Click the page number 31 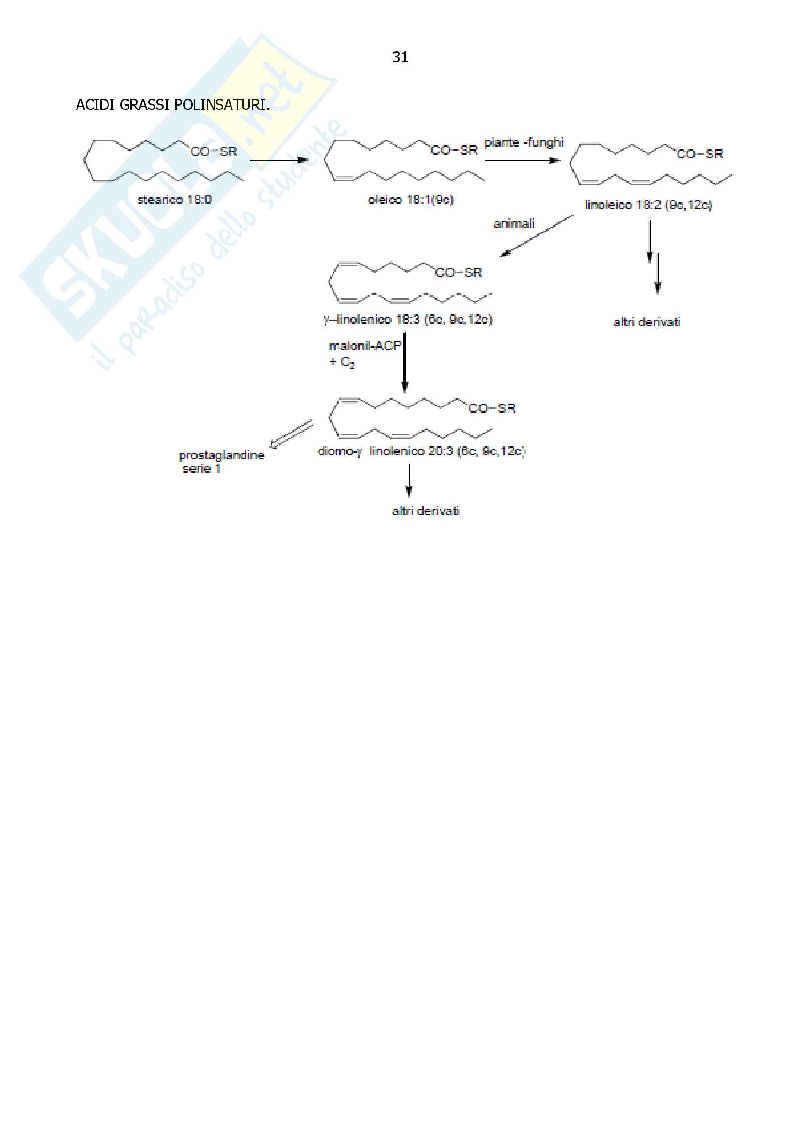[x=400, y=57]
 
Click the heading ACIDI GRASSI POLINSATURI [x=172, y=105]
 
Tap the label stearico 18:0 [x=174, y=200]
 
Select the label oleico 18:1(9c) [x=410, y=200]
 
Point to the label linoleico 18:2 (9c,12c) [x=648, y=205]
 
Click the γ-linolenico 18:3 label [x=408, y=319]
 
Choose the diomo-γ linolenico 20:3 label [x=421, y=451]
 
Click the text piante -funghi [x=524, y=142]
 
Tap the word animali [x=514, y=223]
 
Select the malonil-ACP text [x=365, y=346]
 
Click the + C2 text [x=342, y=362]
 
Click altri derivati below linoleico [x=647, y=322]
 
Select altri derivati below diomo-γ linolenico [x=425, y=511]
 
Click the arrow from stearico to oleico [x=279, y=160]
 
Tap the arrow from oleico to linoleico [x=522, y=160]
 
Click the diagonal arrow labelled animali [x=537, y=236]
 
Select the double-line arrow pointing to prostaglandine [x=292, y=434]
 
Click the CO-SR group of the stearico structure [x=214, y=152]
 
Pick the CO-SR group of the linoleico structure [x=699, y=154]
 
